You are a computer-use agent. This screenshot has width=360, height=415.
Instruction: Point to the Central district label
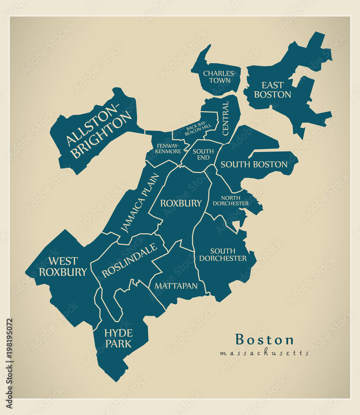pyautogui.click(x=225, y=118)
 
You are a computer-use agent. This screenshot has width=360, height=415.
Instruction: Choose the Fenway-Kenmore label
pyautogui.click(x=169, y=149)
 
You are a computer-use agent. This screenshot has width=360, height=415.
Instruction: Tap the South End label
pyautogui.click(x=203, y=154)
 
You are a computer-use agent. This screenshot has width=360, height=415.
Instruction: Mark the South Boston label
pyautogui.click(x=254, y=164)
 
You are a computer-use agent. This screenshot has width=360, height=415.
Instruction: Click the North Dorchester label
pyautogui.click(x=230, y=201)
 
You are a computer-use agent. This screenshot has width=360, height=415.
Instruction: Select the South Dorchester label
pyautogui.click(x=223, y=255)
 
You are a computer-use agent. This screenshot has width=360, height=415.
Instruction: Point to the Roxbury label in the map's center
pyautogui.click(x=181, y=203)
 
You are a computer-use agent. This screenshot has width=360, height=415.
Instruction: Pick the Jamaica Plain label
pyautogui.click(x=140, y=203)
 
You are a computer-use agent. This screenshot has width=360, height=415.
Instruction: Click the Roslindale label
pyautogui.click(x=130, y=260)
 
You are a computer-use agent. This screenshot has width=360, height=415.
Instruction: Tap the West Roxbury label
pyautogui.click(x=63, y=266)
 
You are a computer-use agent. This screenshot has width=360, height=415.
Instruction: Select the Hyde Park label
pyautogui.click(x=118, y=338)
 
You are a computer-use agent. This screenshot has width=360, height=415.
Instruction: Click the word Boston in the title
pyautogui.click(x=264, y=339)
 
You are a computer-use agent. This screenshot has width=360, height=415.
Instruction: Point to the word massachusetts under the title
pyautogui.click(x=264, y=353)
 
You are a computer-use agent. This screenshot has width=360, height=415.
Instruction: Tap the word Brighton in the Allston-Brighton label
pyautogui.click(x=103, y=136)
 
